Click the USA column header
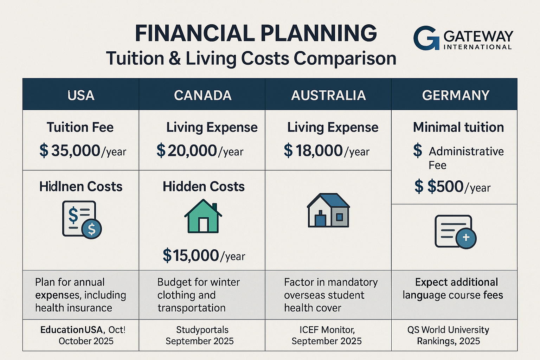click(x=81, y=95)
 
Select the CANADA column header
click(x=202, y=95)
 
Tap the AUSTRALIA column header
click(x=328, y=95)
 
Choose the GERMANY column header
click(x=456, y=95)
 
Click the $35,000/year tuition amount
click(x=83, y=151)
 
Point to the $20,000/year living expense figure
click(x=200, y=151)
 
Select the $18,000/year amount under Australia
click(x=327, y=151)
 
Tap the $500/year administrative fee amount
click(x=452, y=187)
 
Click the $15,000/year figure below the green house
click(x=204, y=255)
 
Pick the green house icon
click(x=203, y=216)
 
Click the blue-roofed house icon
click(x=328, y=210)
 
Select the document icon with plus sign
click(x=455, y=232)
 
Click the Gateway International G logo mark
click(x=426, y=38)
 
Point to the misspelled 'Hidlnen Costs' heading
click(x=81, y=187)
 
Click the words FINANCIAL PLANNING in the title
click(x=256, y=33)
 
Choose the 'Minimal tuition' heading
click(x=458, y=127)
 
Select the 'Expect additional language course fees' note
click(x=453, y=289)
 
